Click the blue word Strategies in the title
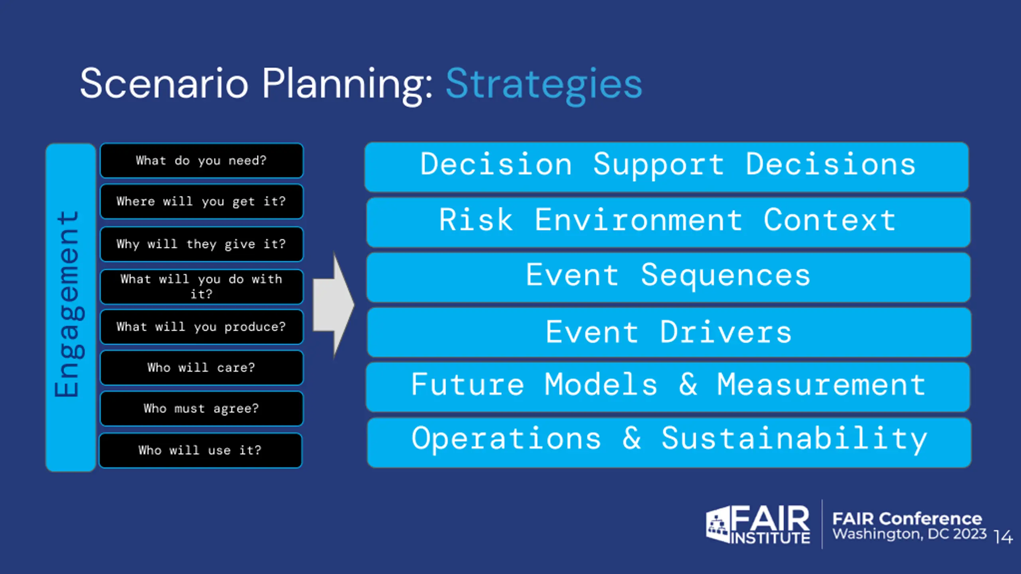coord(544,85)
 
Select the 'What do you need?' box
coord(201,161)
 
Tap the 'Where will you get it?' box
coord(201,201)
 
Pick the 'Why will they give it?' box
coord(201,244)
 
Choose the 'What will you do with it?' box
coord(201,287)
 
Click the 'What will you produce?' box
coord(201,327)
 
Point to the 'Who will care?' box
coord(201,368)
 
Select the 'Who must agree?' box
coord(201,409)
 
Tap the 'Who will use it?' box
coord(201,450)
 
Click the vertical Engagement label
coord(69,304)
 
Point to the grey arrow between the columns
coord(333,305)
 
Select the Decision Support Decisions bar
coord(667,167)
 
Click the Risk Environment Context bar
coord(668,222)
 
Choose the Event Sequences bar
coord(668,277)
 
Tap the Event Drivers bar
coord(669,332)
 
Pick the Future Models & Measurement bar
coord(668,387)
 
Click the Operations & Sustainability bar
coord(669,442)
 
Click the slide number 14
coord(1003,537)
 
